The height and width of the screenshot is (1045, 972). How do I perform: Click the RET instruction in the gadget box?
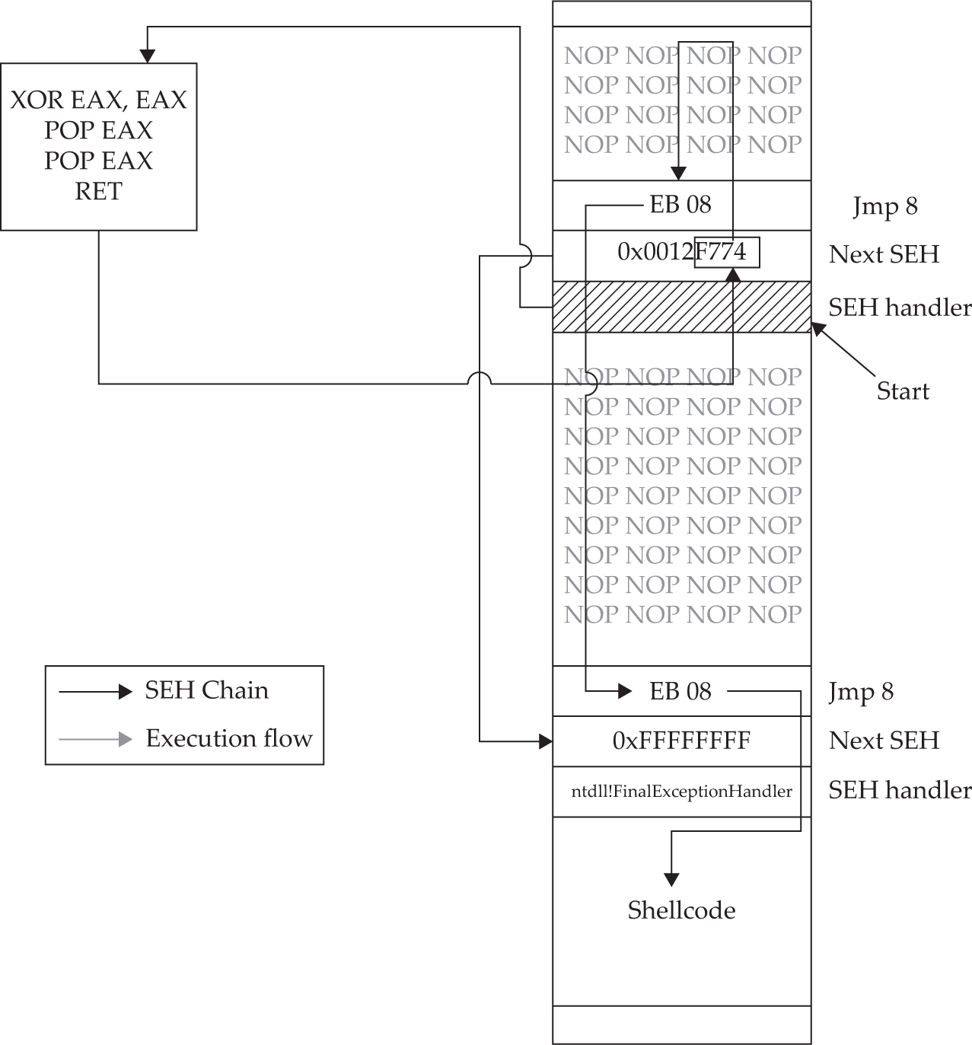point(98,191)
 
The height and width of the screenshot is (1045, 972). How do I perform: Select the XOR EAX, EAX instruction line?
point(98,100)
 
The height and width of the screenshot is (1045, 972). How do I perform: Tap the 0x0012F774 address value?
point(681,252)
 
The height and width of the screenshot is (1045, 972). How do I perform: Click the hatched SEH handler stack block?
point(681,307)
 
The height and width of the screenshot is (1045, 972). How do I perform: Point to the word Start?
point(903,391)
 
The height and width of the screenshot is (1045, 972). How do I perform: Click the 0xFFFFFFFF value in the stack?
point(681,741)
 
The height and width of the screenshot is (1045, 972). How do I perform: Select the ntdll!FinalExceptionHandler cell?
point(681,792)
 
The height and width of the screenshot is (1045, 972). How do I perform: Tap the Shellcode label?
point(681,910)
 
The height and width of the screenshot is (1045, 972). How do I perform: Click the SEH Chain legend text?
point(206,690)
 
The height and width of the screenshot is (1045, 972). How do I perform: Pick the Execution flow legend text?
point(229,738)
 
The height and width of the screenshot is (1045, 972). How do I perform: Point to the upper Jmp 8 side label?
point(885,206)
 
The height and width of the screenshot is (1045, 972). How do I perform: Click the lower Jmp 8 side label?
point(861,692)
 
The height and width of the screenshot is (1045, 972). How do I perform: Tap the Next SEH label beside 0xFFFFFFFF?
point(884,741)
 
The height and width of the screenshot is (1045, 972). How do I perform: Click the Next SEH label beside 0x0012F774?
point(884,254)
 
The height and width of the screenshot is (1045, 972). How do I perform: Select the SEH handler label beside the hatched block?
point(900,307)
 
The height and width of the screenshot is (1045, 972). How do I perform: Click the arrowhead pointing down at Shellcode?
point(671,879)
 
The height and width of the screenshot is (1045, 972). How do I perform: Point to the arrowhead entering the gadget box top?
point(147,56)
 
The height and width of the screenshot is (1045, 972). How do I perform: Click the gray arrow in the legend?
point(96,738)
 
